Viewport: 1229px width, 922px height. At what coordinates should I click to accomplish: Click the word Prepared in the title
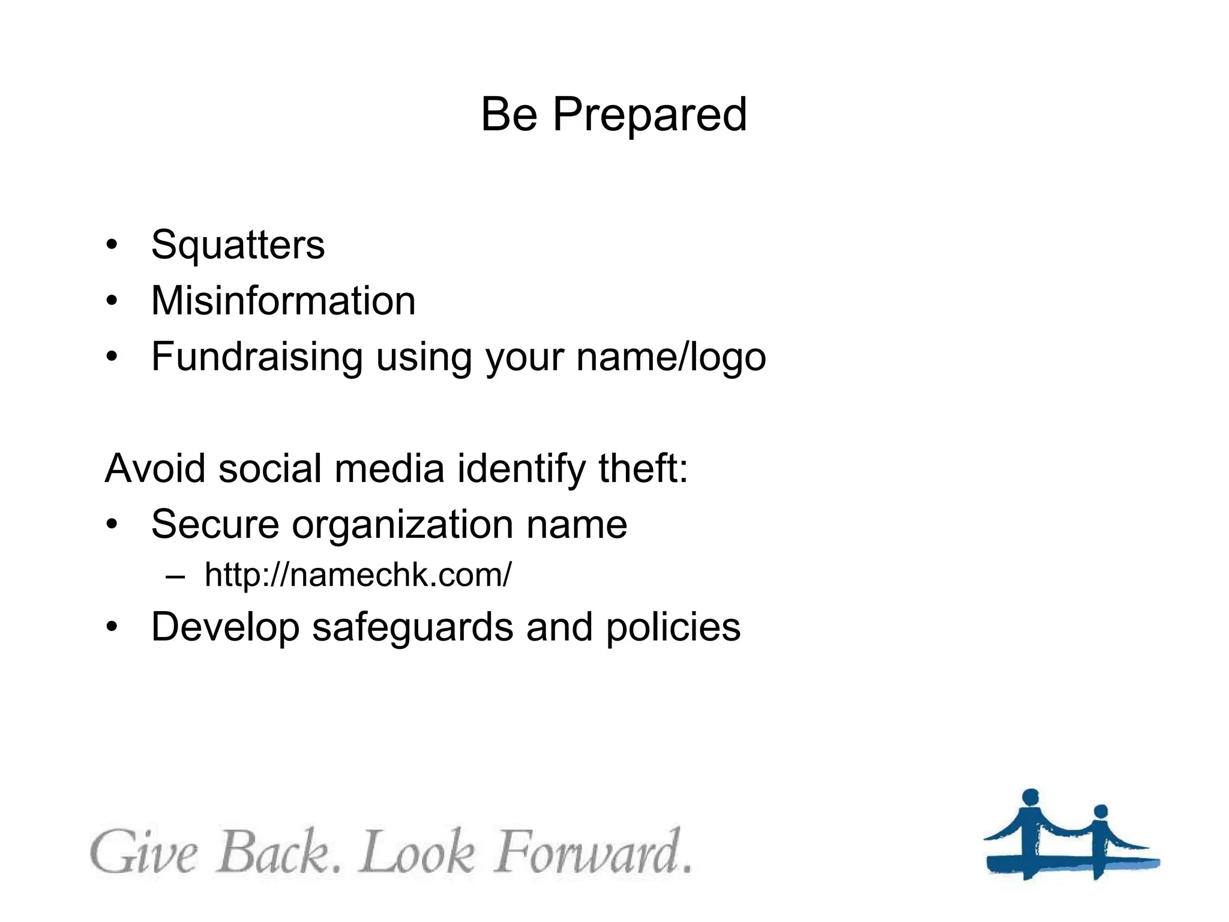point(649,115)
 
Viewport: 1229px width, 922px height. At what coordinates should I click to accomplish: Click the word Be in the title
point(509,115)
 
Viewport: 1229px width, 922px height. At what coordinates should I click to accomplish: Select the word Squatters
point(238,245)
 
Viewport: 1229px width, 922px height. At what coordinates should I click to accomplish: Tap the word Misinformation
point(283,301)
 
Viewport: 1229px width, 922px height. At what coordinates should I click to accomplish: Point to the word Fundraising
point(257,357)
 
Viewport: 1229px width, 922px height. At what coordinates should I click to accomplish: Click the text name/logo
point(670,357)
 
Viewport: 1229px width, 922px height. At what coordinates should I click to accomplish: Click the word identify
point(520,469)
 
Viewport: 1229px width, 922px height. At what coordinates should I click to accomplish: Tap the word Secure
point(215,524)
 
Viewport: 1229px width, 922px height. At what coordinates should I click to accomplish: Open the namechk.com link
point(358,575)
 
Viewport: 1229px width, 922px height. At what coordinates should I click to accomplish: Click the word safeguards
point(412,628)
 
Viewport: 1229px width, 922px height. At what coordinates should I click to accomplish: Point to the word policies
point(673,628)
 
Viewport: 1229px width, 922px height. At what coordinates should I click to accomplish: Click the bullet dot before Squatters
point(112,245)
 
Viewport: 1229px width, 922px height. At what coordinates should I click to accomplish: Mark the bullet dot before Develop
point(112,627)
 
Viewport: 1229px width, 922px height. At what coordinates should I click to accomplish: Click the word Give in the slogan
point(144,852)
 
